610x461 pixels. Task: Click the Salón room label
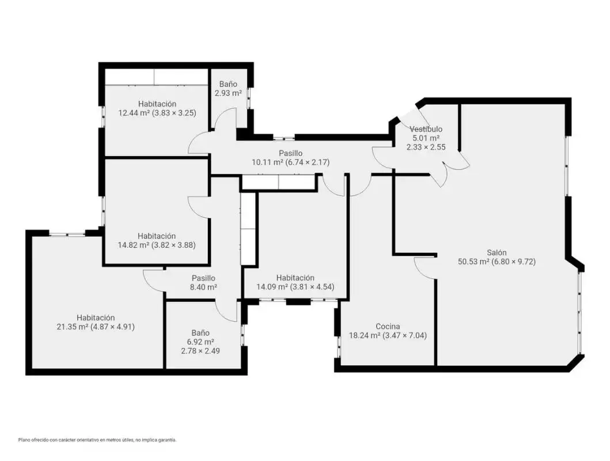(x=497, y=252)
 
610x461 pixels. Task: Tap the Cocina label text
(x=388, y=326)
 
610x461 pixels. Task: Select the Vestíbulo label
(x=426, y=129)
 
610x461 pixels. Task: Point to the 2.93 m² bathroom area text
(x=228, y=93)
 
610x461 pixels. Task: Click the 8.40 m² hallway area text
(x=203, y=287)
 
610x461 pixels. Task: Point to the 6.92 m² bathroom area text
(x=200, y=342)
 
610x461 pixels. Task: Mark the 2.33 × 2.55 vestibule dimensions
(x=426, y=147)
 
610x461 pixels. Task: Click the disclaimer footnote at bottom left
(x=97, y=440)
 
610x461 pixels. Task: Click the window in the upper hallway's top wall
(x=283, y=138)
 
